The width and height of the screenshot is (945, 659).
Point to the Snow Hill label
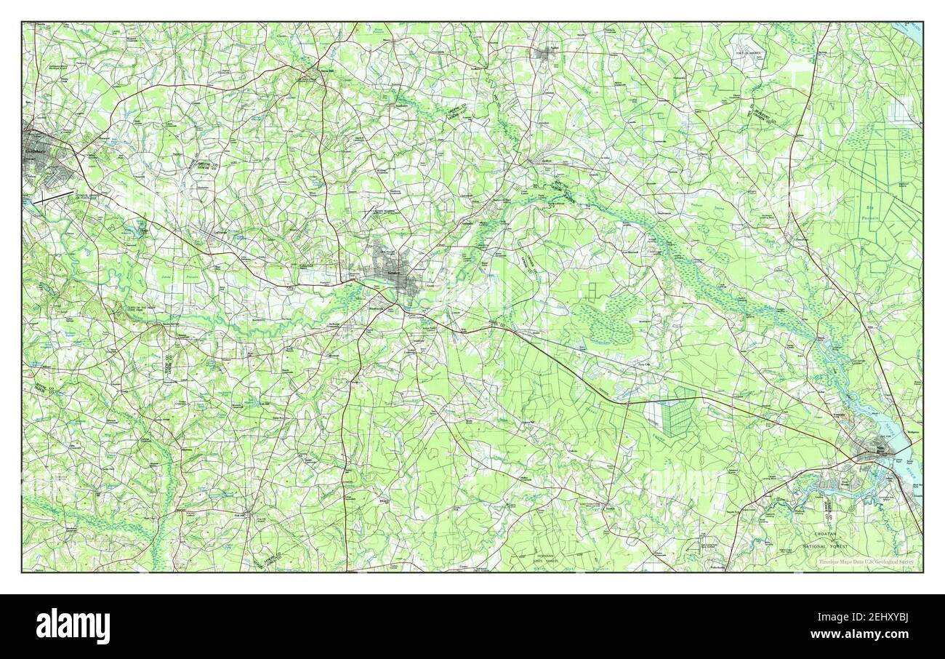[326, 71]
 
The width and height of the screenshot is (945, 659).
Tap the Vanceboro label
[800, 240]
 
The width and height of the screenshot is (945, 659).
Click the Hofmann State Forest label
[539, 559]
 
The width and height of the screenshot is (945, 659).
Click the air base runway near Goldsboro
[52, 196]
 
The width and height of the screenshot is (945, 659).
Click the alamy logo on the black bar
[73, 626]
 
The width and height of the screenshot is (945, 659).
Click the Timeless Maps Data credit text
[866, 562]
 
